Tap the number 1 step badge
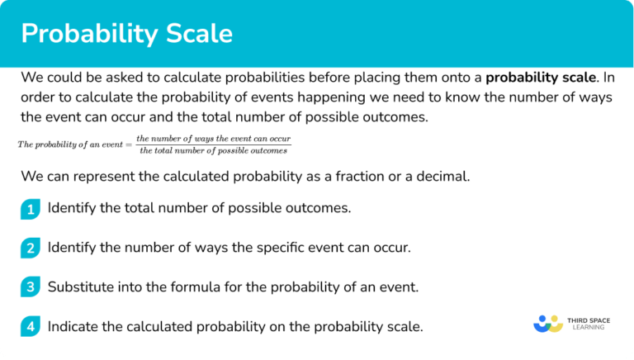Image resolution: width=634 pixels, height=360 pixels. pos(31,209)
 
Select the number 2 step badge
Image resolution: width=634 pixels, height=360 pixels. pos(31,249)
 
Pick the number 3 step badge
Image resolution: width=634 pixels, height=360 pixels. pos(31,288)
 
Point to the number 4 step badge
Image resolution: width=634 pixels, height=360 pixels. pos(31,327)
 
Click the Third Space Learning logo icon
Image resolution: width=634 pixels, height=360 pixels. pos(548,323)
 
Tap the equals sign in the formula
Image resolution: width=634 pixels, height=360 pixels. pos(129,144)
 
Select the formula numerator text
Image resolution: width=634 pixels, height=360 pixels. pos(214,138)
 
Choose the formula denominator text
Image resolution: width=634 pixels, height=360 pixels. pos(214,150)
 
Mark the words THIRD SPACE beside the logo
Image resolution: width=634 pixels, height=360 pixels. pos(590,318)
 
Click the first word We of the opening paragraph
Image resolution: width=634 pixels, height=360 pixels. pos(31,78)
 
